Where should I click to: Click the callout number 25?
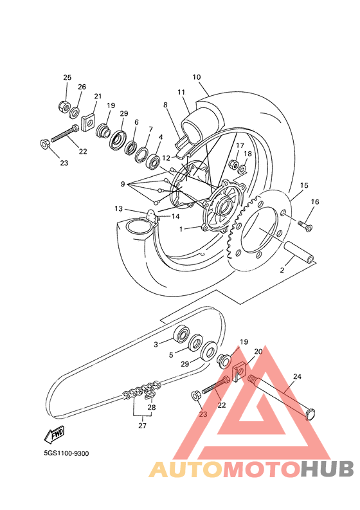[67, 77]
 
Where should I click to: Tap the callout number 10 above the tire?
[197, 77]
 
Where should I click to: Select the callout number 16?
[315, 202]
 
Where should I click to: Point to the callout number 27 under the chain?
[143, 426]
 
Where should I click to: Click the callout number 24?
[297, 376]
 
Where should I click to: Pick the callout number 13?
[119, 208]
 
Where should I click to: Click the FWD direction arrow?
[54, 434]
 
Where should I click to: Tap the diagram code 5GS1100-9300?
[66, 453]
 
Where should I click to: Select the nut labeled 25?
[64, 105]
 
